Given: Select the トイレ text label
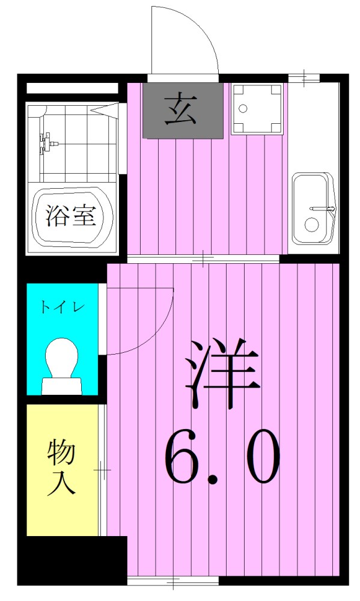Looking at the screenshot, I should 63,307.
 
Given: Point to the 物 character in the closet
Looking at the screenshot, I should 62,453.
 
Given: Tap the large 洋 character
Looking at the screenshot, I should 222,373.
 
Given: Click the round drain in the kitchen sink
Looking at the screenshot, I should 311,225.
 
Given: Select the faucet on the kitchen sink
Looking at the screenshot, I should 321,209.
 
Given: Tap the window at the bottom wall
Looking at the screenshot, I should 173,581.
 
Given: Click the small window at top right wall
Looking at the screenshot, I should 305,78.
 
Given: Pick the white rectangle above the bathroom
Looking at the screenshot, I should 72,88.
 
